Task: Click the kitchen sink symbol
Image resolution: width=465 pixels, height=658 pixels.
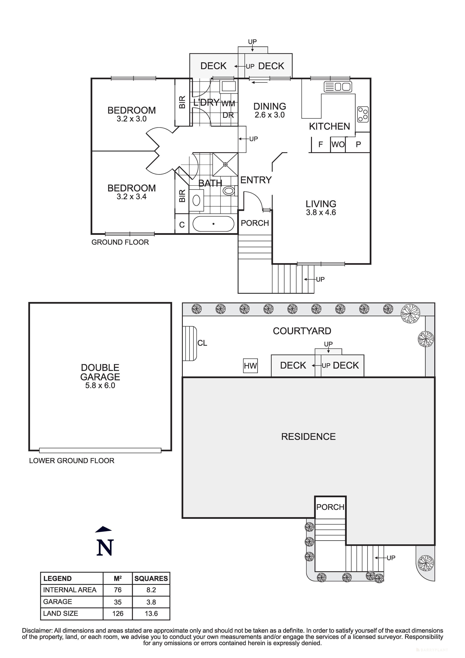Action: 338,86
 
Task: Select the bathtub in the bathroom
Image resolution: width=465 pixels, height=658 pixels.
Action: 213,224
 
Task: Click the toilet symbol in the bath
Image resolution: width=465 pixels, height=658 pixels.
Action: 228,191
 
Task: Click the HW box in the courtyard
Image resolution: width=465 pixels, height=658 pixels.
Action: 250,366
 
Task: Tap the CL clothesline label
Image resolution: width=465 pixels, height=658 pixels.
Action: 202,343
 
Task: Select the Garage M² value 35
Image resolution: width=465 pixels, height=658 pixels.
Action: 118,602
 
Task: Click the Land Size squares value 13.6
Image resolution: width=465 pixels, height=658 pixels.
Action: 151,614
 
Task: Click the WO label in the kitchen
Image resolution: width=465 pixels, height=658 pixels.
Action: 338,144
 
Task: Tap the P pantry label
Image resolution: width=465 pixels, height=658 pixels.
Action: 358,144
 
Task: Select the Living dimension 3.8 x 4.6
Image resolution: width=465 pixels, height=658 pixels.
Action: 321,212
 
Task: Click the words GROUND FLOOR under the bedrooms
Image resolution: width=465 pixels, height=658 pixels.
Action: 120,242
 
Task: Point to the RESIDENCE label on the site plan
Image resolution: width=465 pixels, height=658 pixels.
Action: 308,436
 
